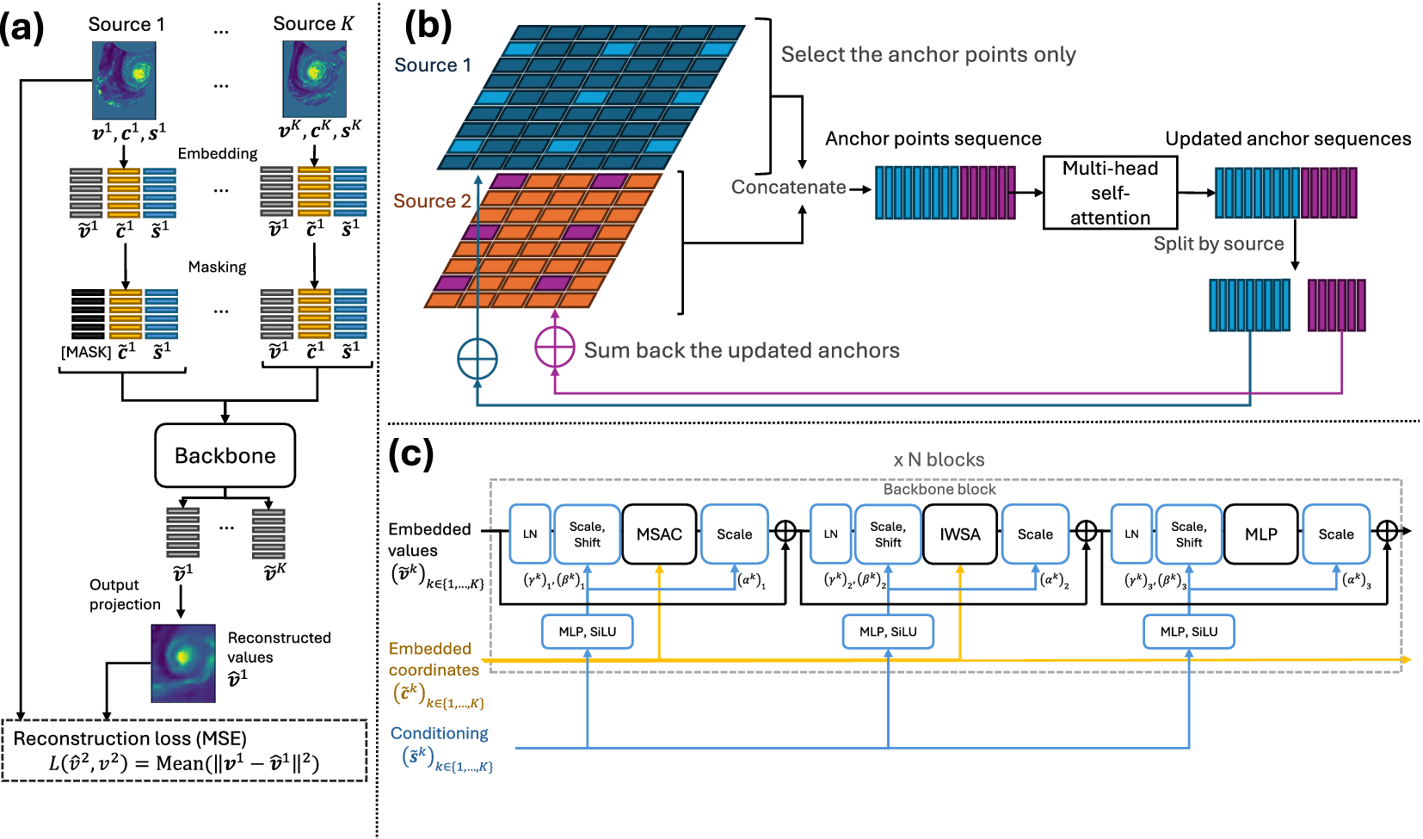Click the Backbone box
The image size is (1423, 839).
click(x=225, y=455)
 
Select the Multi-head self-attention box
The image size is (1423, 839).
click(x=1110, y=193)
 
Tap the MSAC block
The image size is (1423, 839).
click(x=659, y=534)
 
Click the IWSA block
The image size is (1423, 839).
click(x=960, y=534)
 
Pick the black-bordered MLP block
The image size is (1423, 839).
click(x=1260, y=534)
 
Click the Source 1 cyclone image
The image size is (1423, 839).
click(x=124, y=81)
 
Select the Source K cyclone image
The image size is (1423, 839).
click(x=314, y=79)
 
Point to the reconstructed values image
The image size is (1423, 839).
click(x=183, y=663)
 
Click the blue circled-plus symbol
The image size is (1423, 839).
click(x=477, y=359)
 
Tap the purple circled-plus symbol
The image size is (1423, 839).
click(x=555, y=348)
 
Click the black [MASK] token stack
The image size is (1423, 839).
click(x=88, y=314)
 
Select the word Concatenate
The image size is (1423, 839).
click(x=788, y=188)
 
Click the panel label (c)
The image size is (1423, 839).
click(x=410, y=453)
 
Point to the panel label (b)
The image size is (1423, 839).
click(x=428, y=26)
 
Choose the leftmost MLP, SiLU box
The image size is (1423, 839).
click(x=588, y=632)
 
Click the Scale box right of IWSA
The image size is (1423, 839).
click(x=1035, y=534)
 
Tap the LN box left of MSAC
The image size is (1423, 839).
click(x=530, y=534)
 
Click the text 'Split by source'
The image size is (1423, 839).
click(x=1218, y=244)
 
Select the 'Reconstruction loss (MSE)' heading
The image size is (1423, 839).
click(x=130, y=738)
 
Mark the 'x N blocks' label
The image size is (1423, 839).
click(x=939, y=460)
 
